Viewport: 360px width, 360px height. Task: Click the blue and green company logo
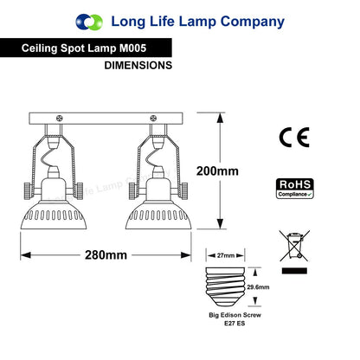[x=89, y=22]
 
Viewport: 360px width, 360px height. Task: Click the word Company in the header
[x=253, y=22]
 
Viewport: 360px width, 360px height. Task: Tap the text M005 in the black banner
[x=133, y=48]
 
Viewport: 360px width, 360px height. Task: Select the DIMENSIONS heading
[x=138, y=65]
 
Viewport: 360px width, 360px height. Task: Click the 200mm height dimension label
[x=217, y=171]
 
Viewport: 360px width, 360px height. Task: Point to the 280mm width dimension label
[x=106, y=255]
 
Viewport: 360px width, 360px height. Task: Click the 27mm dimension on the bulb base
[x=226, y=255]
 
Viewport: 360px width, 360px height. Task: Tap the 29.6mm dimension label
[x=258, y=287]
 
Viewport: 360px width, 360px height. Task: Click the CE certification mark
[x=294, y=138]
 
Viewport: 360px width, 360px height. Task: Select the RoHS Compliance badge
[x=295, y=189]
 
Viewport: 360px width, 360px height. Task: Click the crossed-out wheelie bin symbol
[x=294, y=246]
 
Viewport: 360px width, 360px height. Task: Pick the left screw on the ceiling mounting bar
[x=60, y=118]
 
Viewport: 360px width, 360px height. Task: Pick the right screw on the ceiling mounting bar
[x=153, y=118]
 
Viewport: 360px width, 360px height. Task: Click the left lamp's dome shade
[x=54, y=215]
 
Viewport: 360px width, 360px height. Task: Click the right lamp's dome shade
[x=158, y=215]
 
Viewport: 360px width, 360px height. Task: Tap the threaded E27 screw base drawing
[x=225, y=286]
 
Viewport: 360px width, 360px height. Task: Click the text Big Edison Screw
[x=235, y=315]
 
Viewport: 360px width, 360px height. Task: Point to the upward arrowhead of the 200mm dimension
[x=220, y=119]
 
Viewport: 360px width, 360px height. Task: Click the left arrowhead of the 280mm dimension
[x=26, y=255]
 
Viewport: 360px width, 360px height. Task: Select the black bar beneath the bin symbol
[x=294, y=271]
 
